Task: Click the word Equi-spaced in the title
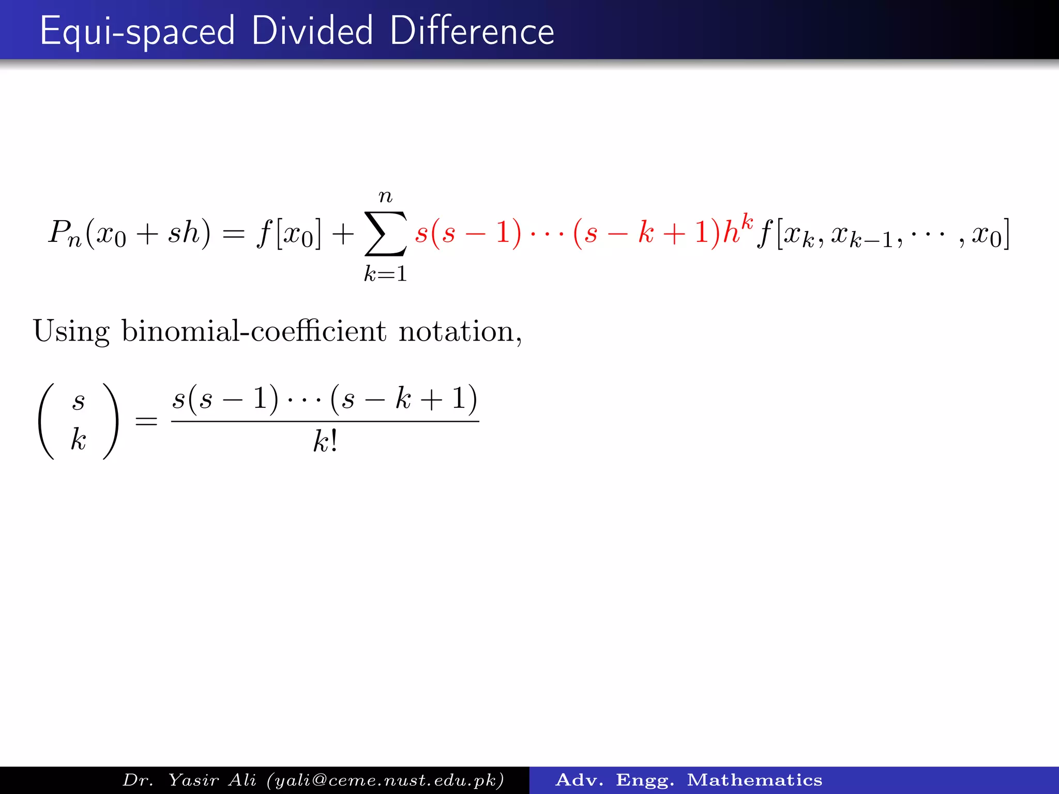click(137, 32)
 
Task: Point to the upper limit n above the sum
click(385, 196)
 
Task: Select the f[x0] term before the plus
click(289, 234)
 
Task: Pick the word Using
click(71, 332)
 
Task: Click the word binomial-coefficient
click(253, 331)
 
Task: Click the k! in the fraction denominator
click(325, 442)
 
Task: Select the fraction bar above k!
click(325, 421)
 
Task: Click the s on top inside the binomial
click(79, 401)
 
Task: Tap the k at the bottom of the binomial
click(79, 440)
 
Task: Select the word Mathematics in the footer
click(754, 780)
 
